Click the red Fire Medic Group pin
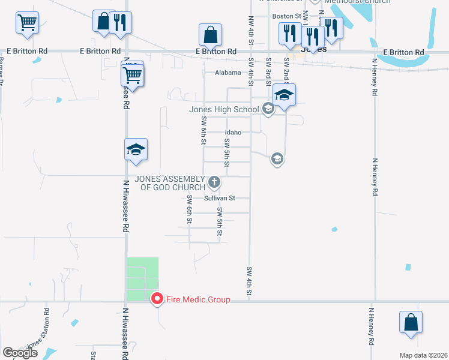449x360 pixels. [x=157, y=299]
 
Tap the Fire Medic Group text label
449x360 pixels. [x=197, y=299]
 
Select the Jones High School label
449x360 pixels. [x=224, y=109]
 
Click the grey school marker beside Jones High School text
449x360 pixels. [x=268, y=109]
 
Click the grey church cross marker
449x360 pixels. [x=214, y=182]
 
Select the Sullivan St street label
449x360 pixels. [x=219, y=197]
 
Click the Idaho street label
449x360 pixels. [x=233, y=132]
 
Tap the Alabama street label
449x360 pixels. [x=228, y=72]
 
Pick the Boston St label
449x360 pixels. [x=287, y=16]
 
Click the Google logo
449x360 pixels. [x=20, y=353]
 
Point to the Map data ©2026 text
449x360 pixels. [x=423, y=355]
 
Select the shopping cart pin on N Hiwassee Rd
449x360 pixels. [x=133, y=76]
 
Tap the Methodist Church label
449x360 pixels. [x=357, y=1]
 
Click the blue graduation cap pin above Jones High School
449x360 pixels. [x=284, y=95]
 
